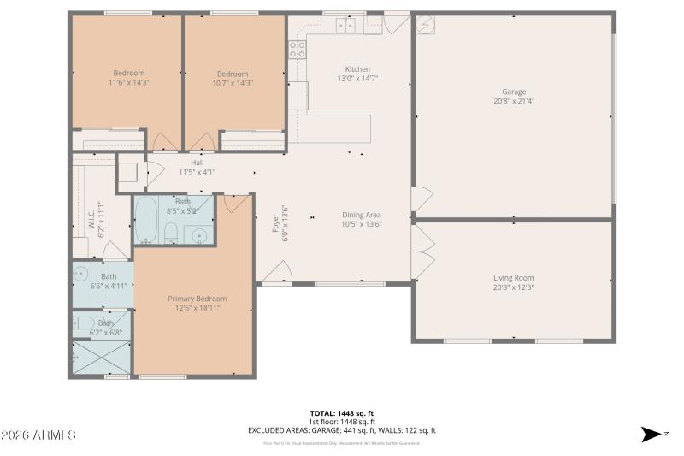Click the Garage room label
[514, 92]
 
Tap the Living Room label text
[513, 278]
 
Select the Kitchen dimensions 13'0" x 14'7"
[357, 79]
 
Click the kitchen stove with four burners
[297, 50]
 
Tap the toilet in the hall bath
[171, 232]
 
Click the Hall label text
[197, 163]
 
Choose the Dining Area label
[361, 215]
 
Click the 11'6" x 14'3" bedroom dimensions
[128, 83]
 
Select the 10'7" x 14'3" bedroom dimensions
[232, 83]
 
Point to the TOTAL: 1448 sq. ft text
[342, 413]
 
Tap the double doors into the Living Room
[422, 251]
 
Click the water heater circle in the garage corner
[426, 24]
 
